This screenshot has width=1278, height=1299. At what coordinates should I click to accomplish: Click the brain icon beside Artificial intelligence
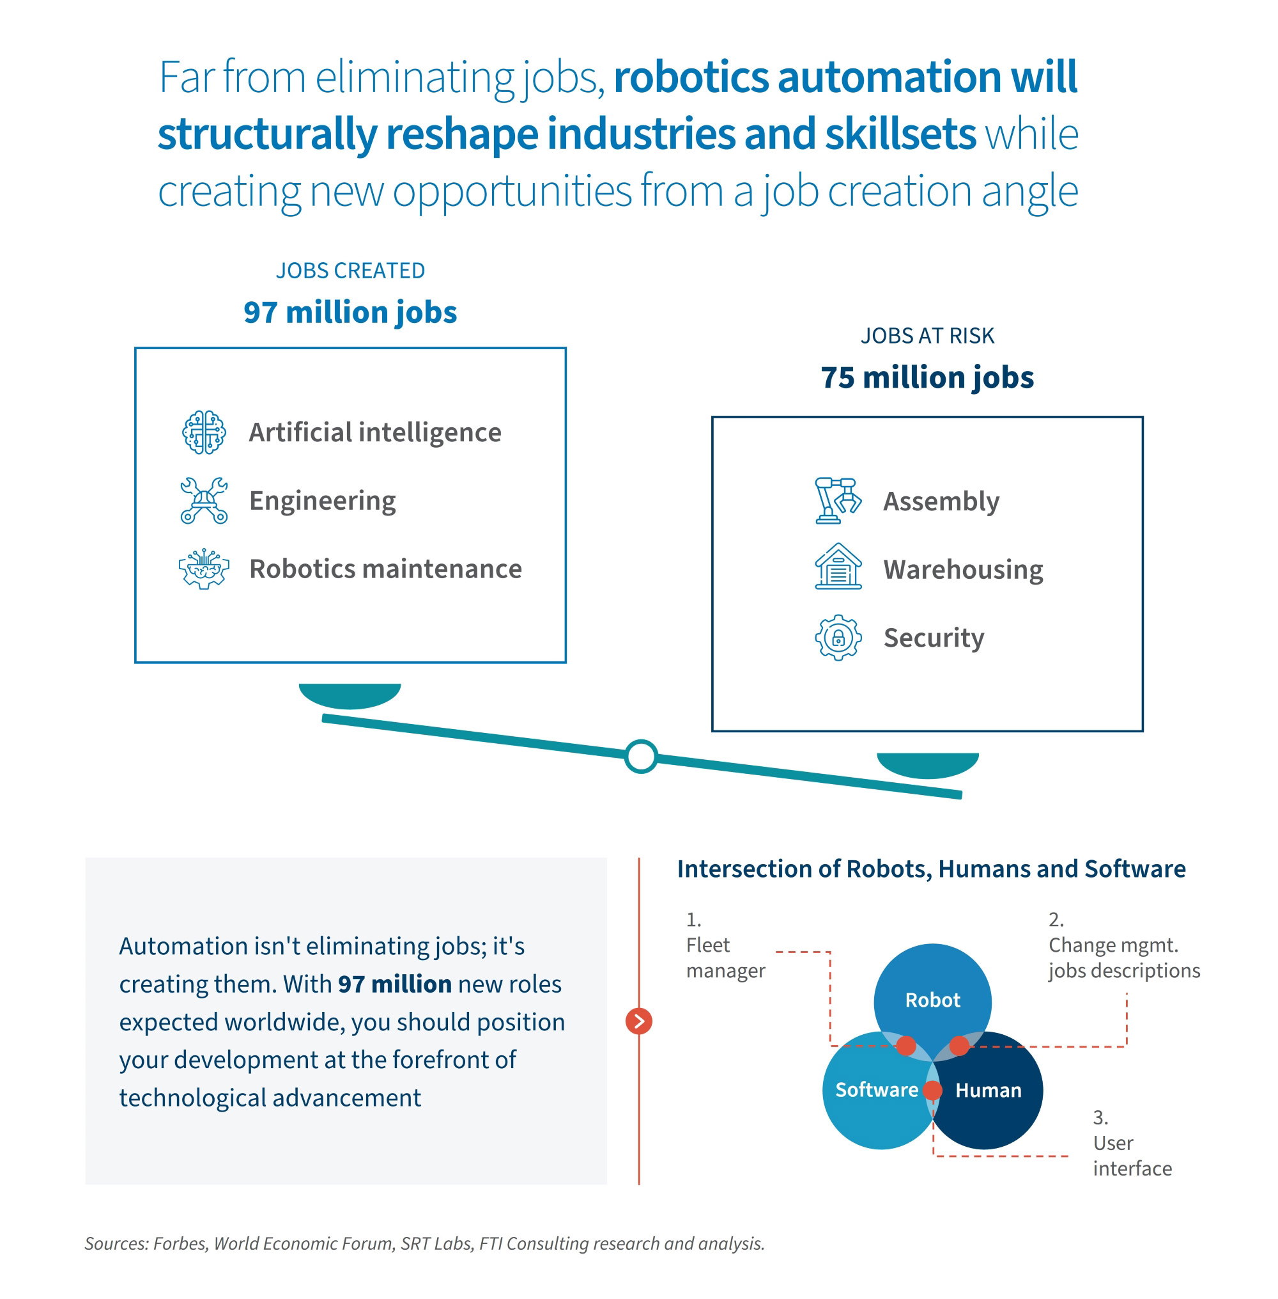tap(203, 432)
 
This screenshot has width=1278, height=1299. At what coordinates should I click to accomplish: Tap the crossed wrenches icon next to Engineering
tap(203, 500)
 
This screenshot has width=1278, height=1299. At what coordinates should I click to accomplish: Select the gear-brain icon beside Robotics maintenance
tap(203, 568)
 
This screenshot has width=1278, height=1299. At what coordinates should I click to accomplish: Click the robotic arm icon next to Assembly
tap(838, 500)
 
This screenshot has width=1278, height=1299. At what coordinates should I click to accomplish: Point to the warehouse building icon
tap(838, 567)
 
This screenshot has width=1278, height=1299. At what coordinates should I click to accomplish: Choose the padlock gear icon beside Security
tap(838, 637)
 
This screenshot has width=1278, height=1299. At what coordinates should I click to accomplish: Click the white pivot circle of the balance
tap(640, 756)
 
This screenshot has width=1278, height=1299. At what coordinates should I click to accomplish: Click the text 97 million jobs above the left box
tap(350, 312)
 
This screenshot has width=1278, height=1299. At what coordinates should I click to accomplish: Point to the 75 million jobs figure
tap(927, 377)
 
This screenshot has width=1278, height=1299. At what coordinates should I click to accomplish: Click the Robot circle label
tap(932, 1000)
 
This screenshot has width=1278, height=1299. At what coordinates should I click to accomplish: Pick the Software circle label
tap(876, 1089)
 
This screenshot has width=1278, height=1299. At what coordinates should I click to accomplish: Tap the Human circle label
tap(988, 1089)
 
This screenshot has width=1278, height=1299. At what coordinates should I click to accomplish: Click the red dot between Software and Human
tap(932, 1089)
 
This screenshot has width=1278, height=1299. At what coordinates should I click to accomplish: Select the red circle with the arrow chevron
tap(638, 1021)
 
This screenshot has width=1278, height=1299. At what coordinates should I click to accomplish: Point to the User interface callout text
tap(1132, 1155)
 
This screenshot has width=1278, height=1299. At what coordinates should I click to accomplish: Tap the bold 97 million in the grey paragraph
tap(394, 983)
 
